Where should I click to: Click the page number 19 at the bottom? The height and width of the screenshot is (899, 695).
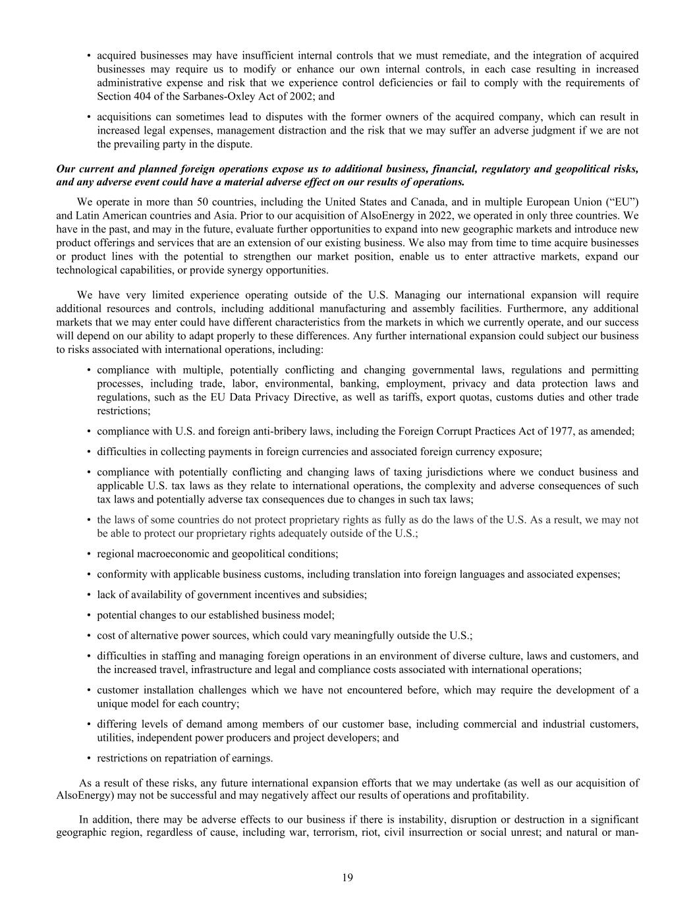coord(347,877)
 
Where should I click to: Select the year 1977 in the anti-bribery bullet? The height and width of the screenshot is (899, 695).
coord(559,431)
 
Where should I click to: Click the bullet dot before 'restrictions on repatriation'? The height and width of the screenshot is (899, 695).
coord(88,758)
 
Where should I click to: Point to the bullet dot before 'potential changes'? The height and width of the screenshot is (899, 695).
coord(88,615)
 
